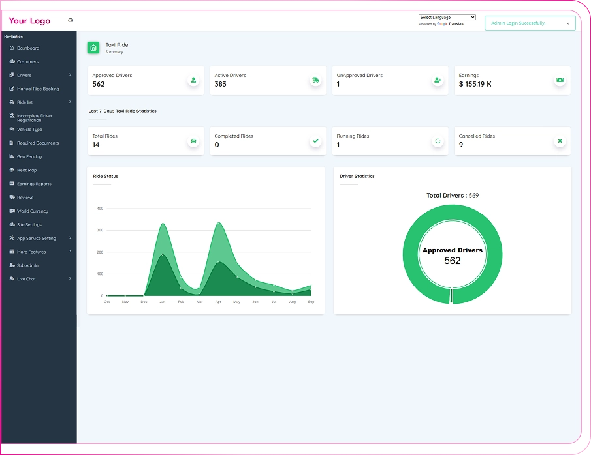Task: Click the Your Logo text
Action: pyautogui.click(x=29, y=21)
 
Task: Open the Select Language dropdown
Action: pyautogui.click(x=447, y=18)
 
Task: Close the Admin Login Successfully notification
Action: pyautogui.click(x=567, y=23)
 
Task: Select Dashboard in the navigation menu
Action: pyautogui.click(x=28, y=48)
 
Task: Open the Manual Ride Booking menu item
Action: pyautogui.click(x=38, y=89)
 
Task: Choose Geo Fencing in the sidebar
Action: pyautogui.click(x=29, y=156)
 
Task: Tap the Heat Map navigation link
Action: pyautogui.click(x=26, y=170)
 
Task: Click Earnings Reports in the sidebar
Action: pyautogui.click(x=34, y=184)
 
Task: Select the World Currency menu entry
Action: pyautogui.click(x=33, y=211)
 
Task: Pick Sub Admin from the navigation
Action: pyautogui.click(x=27, y=265)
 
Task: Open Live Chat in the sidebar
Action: pyautogui.click(x=26, y=279)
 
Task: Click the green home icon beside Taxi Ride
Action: pyautogui.click(x=93, y=48)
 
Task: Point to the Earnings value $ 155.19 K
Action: pyautogui.click(x=475, y=84)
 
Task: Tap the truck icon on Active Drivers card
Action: pyautogui.click(x=315, y=80)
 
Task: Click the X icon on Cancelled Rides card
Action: pyautogui.click(x=560, y=141)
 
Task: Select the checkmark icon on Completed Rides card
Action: pyautogui.click(x=315, y=141)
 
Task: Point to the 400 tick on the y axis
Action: pyautogui.click(x=100, y=208)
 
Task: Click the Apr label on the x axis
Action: pyautogui.click(x=218, y=302)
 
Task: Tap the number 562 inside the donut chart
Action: pyautogui.click(x=453, y=261)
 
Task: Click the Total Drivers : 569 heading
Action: pyautogui.click(x=453, y=196)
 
